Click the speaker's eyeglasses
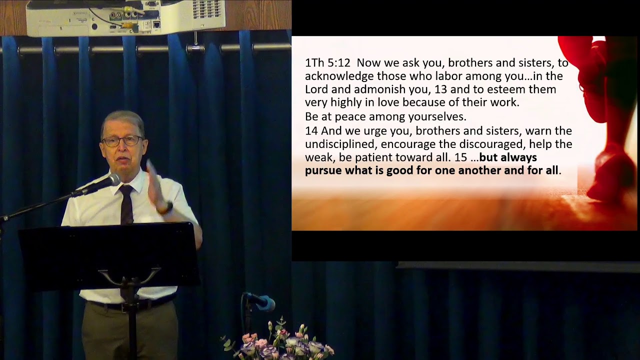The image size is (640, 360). pyautogui.click(x=122, y=141)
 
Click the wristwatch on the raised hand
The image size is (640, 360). pyautogui.click(x=166, y=207)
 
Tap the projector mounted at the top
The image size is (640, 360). pyautogui.click(x=125, y=17)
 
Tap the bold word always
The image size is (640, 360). pyautogui.click(x=518, y=157)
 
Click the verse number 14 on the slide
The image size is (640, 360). pyautogui.click(x=311, y=131)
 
